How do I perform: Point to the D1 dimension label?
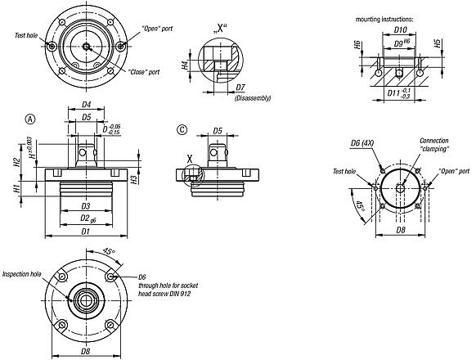pos(86,230)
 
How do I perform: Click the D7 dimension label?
pos(240,87)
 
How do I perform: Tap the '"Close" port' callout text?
pos(142,71)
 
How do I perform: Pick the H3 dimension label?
pos(136,178)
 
